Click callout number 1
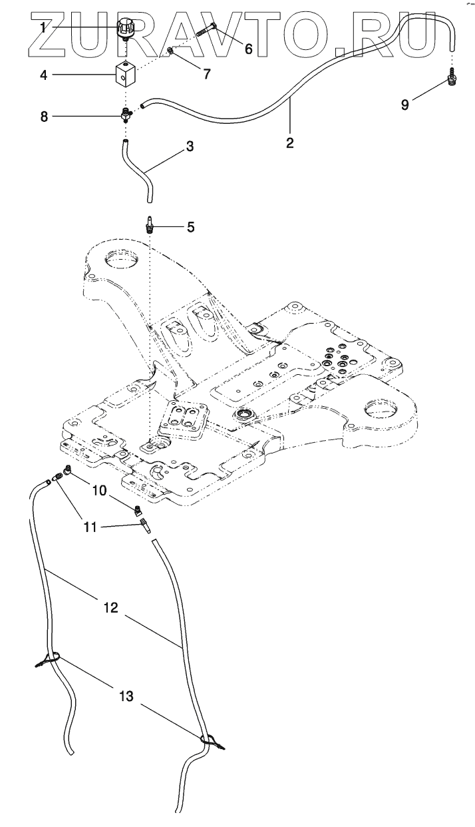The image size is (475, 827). point(43,28)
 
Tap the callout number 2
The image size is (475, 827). point(290,142)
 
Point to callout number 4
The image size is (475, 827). point(43,75)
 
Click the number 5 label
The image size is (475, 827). point(190,227)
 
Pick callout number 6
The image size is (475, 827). point(249,49)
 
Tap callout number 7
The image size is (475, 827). point(207,74)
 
